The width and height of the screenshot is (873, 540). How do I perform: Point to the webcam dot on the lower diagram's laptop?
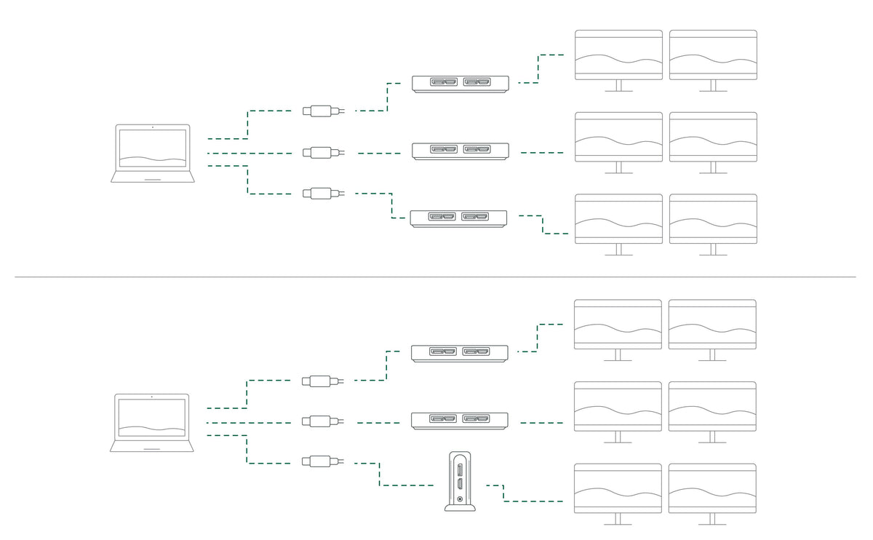click(152, 397)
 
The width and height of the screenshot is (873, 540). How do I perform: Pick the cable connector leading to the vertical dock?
click(321, 461)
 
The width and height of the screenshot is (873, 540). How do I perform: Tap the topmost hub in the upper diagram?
click(461, 84)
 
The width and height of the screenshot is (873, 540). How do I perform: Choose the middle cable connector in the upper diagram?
click(321, 153)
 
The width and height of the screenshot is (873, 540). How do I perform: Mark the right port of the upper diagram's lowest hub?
click(474, 217)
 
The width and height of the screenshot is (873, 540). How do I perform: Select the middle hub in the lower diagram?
click(460, 421)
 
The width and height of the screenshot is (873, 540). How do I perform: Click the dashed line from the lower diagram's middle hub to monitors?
click(542, 422)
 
